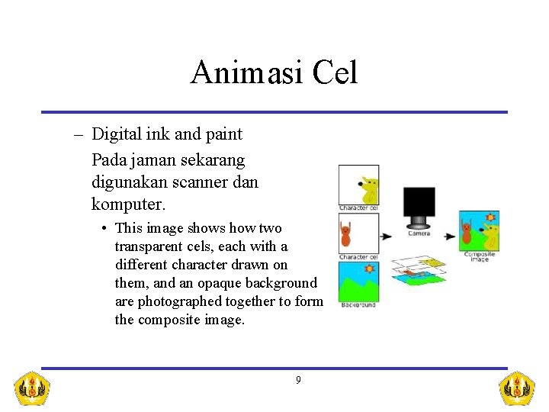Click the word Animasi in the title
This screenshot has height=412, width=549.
tap(239, 73)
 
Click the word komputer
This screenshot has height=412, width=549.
tap(127, 204)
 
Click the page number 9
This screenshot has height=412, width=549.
tap(298, 380)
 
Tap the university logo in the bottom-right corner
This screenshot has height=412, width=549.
tap(516, 388)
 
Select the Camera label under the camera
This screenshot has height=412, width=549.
tap(419, 233)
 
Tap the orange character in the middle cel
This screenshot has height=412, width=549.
tap(346, 234)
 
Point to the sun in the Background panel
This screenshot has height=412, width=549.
tap(371, 269)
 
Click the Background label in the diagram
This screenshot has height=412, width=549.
tap(358, 305)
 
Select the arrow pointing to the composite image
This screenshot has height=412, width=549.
tap(450, 237)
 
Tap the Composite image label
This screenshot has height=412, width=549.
tap(480, 257)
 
